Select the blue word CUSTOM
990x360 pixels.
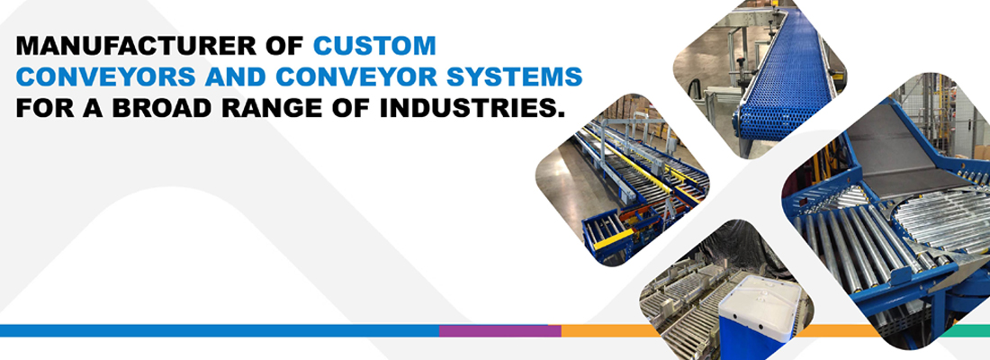[x=375, y=46]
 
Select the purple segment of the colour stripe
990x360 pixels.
[x=500, y=330]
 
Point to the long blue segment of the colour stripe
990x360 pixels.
[x=220, y=330]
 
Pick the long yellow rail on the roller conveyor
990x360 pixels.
[x=644, y=164]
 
